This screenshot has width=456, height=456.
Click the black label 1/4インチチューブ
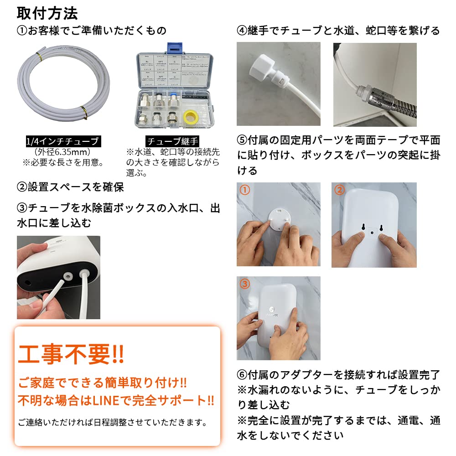click(x=62, y=141)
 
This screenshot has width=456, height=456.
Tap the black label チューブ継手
click(x=173, y=141)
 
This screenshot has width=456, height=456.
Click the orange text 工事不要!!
click(x=71, y=354)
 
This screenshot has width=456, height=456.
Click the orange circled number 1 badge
click(x=245, y=190)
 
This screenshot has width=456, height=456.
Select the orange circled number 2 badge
click(x=339, y=190)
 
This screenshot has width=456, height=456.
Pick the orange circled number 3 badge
click(x=245, y=284)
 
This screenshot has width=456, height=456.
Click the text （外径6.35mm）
click(x=62, y=152)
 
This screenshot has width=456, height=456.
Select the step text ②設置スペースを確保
click(x=70, y=187)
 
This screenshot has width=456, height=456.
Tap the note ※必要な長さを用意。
click(x=62, y=162)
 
